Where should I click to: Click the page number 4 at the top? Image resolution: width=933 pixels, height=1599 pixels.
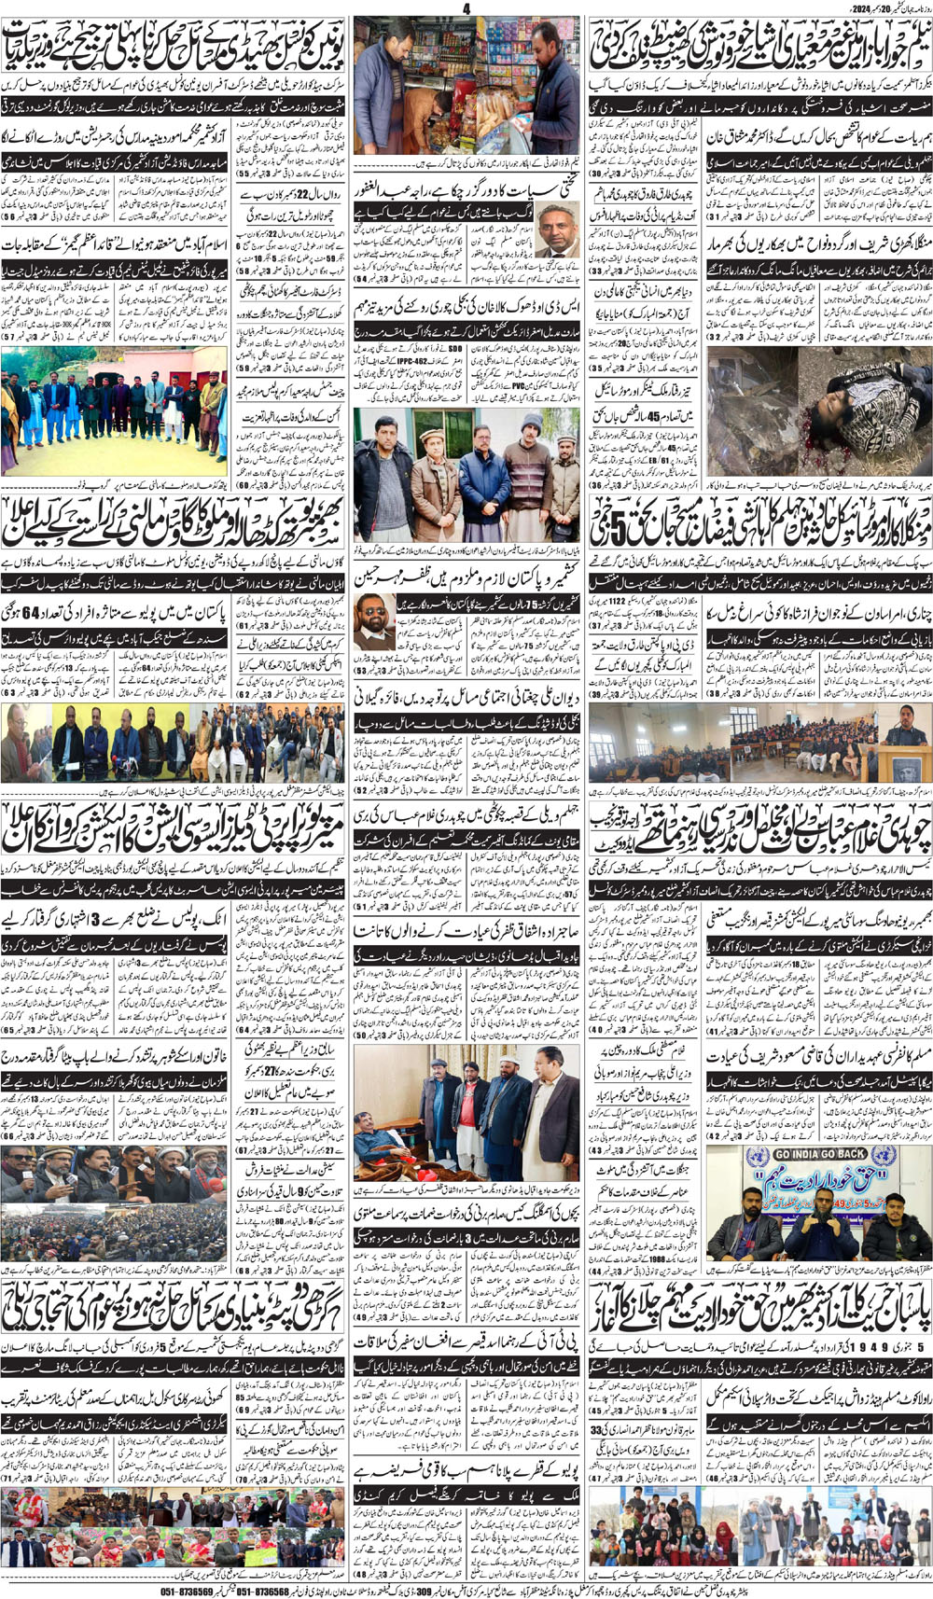coord(466,8)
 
